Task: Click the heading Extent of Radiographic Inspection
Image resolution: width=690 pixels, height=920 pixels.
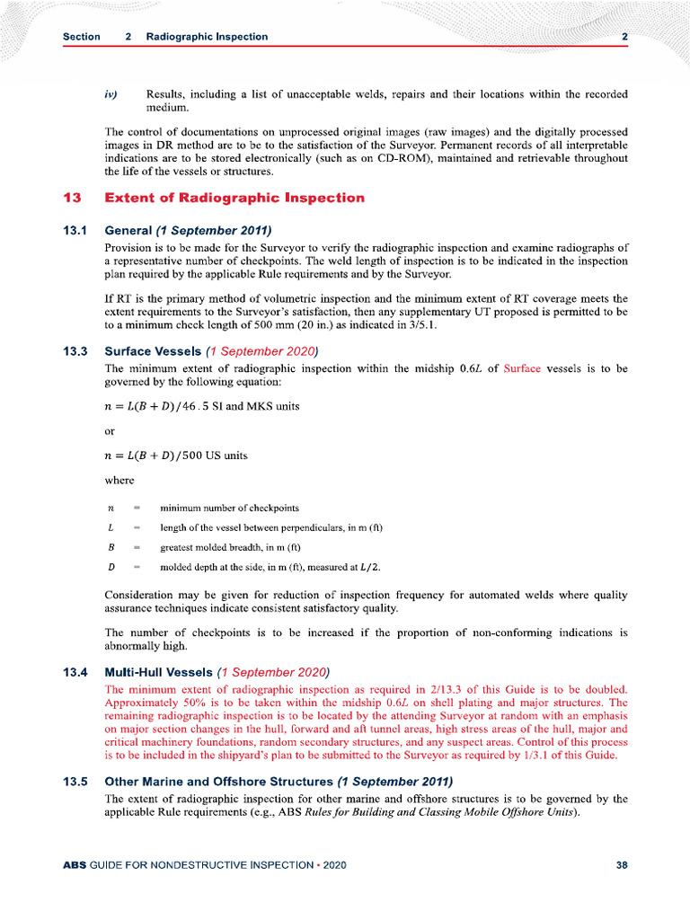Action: click(234, 198)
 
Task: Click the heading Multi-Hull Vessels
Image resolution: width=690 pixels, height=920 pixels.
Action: click(159, 672)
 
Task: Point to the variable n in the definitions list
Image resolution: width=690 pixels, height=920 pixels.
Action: click(110, 509)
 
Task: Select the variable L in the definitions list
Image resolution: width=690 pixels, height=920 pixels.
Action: click(110, 527)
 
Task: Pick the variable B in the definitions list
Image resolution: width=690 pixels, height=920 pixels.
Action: click(110, 547)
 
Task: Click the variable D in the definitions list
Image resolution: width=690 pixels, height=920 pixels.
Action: click(110, 567)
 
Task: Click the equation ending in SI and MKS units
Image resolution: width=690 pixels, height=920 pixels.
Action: click(202, 406)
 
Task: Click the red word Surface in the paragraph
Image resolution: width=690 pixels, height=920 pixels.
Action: click(522, 368)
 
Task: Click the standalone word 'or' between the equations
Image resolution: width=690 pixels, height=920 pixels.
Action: click(111, 430)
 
